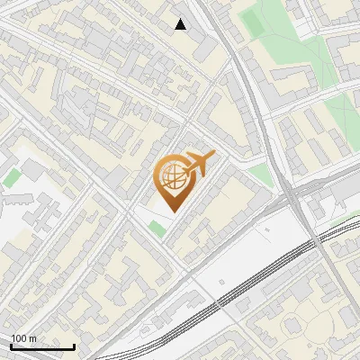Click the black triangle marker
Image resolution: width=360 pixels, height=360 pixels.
[181, 24]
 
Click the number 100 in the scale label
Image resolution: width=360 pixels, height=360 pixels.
[19, 338]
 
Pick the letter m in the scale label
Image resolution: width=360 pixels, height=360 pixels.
[32, 338]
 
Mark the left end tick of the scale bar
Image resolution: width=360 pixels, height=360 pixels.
[10, 346]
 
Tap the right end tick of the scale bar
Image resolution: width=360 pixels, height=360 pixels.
[74, 346]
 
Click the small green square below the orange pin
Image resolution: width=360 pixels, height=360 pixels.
[157, 229]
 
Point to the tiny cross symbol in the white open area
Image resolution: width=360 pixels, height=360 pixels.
[266, 229]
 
